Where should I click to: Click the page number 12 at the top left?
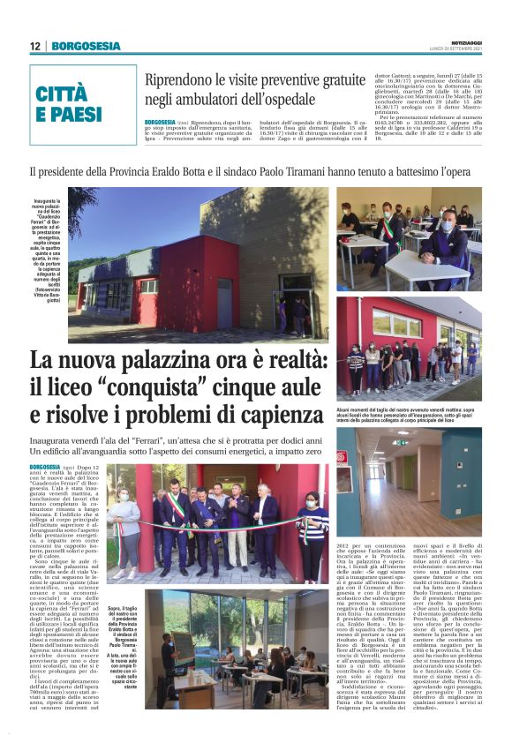pos(35,46)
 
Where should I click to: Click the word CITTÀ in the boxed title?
pos(61,94)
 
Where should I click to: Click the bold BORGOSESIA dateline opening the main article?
pos(44,467)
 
